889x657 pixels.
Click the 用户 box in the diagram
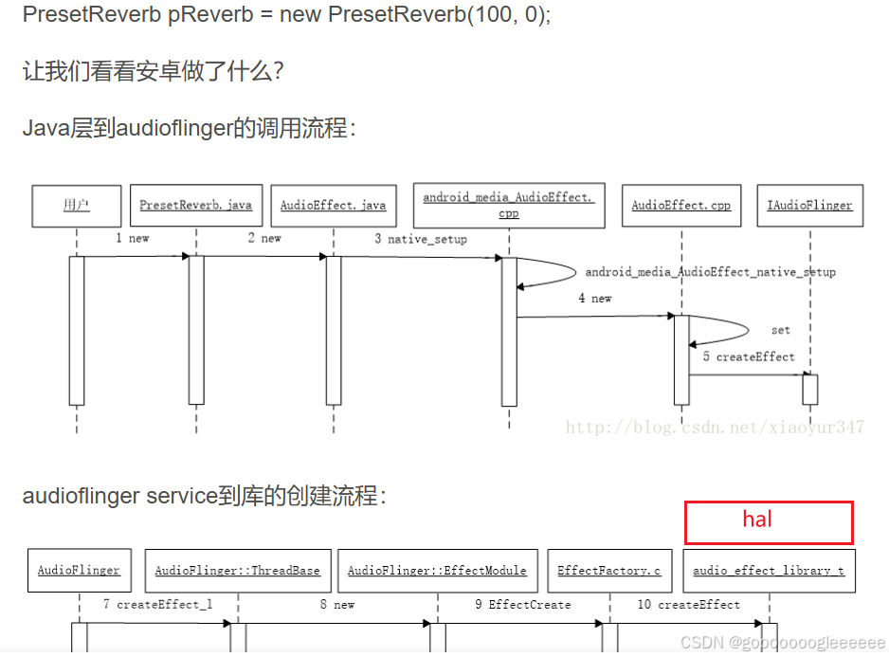(76, 205)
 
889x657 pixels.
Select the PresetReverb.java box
(195, 205)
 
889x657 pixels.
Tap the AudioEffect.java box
(333, 205)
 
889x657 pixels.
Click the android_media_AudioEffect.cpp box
(508, 205)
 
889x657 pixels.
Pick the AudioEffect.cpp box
(680, 205)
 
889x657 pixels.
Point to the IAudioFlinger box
(809, 205)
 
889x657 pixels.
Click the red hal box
(769, 521)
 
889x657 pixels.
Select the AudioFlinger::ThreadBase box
(237, 571)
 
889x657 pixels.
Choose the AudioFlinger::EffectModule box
(437, 571)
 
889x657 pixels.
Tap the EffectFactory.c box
(609, 571)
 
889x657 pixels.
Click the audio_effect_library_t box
(769, 571)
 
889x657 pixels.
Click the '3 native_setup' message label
(421, 239)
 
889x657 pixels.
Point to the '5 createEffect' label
(749, 356)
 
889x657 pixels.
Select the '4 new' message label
(595, 298)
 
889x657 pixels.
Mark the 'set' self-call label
(780, 330)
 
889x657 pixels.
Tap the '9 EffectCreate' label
(523, 604)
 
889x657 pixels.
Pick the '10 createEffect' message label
(688, 604)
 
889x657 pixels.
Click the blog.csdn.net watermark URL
(715, 428)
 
